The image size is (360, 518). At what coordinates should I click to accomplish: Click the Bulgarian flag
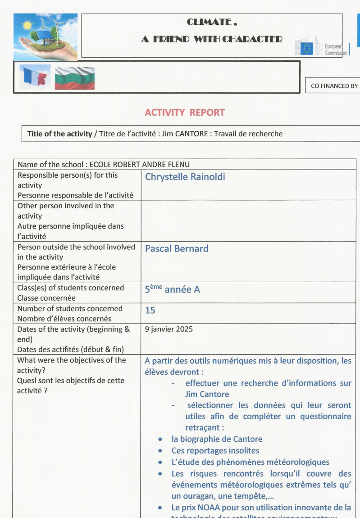[74, 78]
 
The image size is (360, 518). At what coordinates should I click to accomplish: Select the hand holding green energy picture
[46, 36]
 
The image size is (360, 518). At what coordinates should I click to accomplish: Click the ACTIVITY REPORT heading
[184, 113]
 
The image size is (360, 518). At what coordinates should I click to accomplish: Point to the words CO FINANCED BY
[334, 86]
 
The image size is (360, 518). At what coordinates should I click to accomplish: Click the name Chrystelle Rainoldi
[185, 177]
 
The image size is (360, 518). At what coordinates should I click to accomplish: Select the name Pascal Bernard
[177, 248]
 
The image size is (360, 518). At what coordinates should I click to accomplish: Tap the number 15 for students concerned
[150, 311]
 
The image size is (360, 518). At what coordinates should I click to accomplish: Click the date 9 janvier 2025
[169, 329]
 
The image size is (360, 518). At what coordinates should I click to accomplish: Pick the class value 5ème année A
[172, 289]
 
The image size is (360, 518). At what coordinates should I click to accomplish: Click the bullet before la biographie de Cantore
[161, 439]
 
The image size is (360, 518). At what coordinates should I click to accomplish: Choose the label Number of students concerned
[70, 308]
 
